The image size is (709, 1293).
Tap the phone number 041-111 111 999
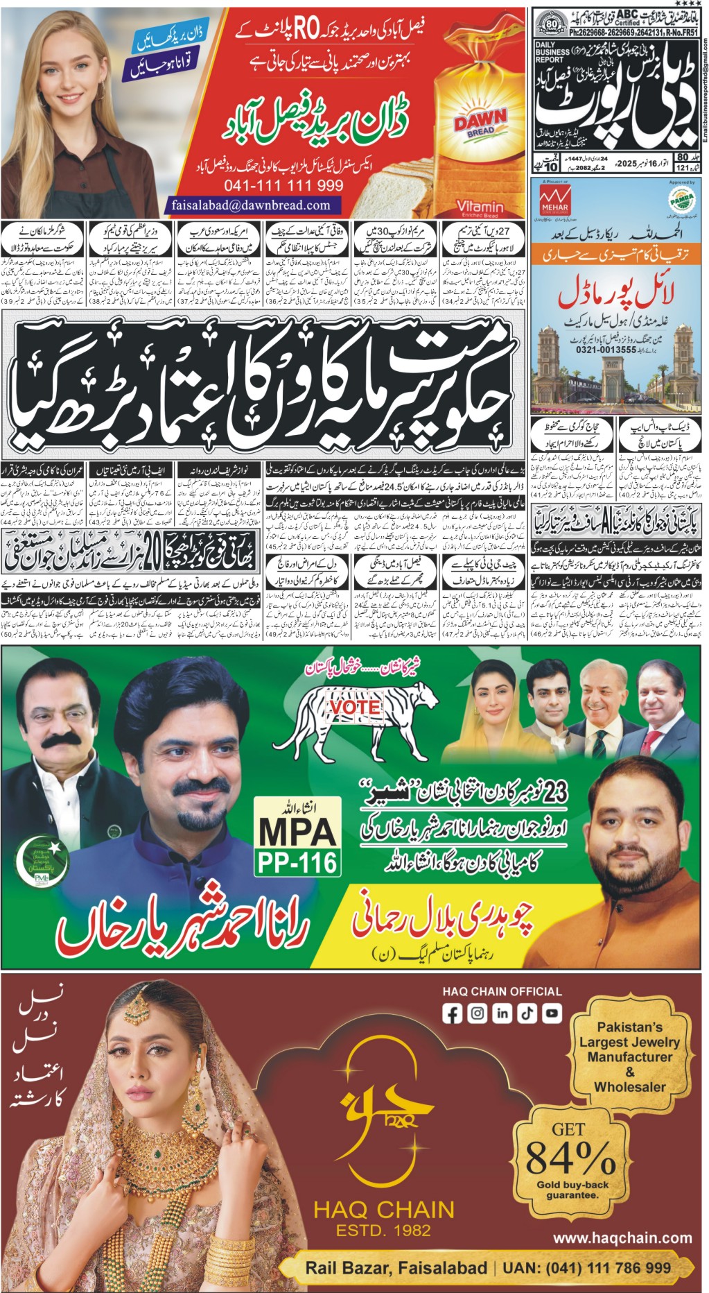coord(283,185)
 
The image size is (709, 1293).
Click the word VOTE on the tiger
coord(355,708)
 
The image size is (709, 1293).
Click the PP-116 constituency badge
coord(297,862)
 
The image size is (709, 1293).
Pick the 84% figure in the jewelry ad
coord(570,1157)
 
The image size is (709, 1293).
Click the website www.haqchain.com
coord(622,1238)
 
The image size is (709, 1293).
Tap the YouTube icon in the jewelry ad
coord(552,1013)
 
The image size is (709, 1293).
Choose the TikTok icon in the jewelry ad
coord(527,1013)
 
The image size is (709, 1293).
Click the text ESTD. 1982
coord(383,1230)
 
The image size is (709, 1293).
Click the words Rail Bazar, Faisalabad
coord(396,1267)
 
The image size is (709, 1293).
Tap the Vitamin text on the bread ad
coord(480,206)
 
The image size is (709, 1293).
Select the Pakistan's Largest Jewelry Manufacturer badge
coord(629,1056)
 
